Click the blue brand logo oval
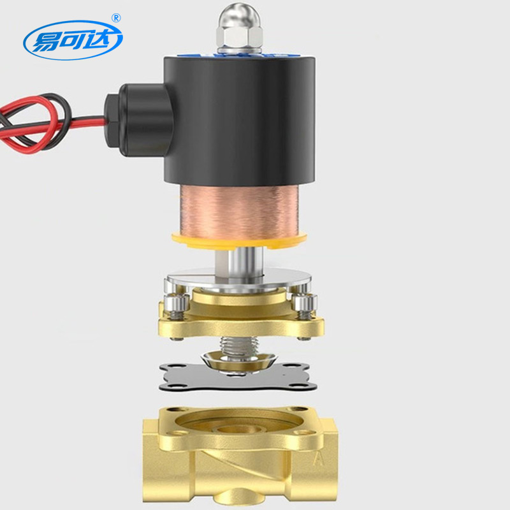pyautogui.click(x=73, y=40)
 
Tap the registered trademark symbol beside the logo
pyautogui.click(x=116, y=18)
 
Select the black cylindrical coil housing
pyautogui.click(x=240, y=121)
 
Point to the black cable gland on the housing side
pyautogui.click(x=138, y=120)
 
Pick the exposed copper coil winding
pyautogui.click(x=239, y=212)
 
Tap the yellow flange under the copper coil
pyautogui.click(x=239, y=241)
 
